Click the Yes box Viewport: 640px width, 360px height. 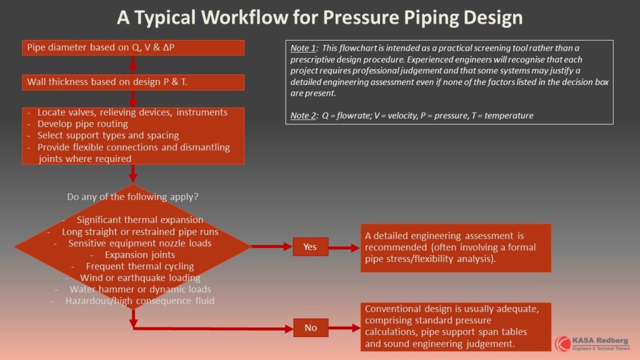310,246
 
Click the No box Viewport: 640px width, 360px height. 311,327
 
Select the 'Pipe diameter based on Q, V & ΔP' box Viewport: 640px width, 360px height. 133,47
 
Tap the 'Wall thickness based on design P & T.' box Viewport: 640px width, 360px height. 133,82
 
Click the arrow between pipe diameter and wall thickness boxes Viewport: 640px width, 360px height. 133,65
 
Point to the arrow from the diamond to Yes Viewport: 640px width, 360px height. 271,246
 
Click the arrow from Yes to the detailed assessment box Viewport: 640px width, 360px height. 344,247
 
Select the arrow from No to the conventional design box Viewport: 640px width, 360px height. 344,327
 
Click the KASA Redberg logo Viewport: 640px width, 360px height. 592,344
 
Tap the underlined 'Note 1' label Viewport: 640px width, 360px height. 303,48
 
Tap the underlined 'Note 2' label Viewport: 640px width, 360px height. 303,116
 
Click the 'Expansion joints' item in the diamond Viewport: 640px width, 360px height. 139,255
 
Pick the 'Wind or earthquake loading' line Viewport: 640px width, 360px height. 140,278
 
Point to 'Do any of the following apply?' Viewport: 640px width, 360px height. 132,197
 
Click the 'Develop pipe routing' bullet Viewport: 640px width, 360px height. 82,124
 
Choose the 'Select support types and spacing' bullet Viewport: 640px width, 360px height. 108,135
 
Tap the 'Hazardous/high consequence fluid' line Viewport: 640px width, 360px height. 139,301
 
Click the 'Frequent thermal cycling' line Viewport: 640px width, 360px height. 139,266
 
